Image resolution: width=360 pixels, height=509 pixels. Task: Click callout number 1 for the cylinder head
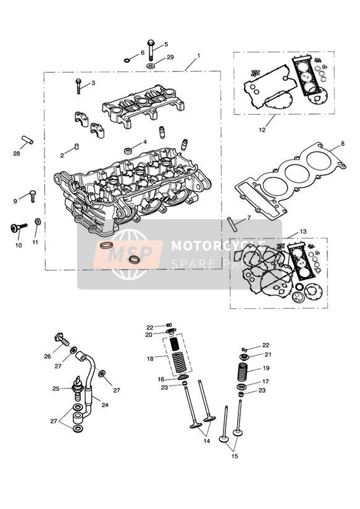(x=199, y=56)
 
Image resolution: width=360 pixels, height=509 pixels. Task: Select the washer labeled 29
(x=151, y=65)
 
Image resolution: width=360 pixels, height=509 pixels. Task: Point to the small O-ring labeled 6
(x=127, y=61)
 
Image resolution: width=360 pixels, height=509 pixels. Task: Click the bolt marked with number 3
(x=78, y=86)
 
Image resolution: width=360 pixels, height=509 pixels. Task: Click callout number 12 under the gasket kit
(x=262, y=130)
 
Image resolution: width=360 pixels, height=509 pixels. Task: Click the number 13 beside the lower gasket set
(x=303, y=232)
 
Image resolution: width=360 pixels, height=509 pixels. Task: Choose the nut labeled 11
(x=38, y=222)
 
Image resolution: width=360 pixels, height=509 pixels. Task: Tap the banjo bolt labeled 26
(x=61, y=337)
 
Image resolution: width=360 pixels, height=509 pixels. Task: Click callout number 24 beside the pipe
(x=104, y=406)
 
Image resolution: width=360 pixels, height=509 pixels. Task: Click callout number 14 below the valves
(x=206, y=442)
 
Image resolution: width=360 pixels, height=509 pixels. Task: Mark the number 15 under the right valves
(x=233, y=456)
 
